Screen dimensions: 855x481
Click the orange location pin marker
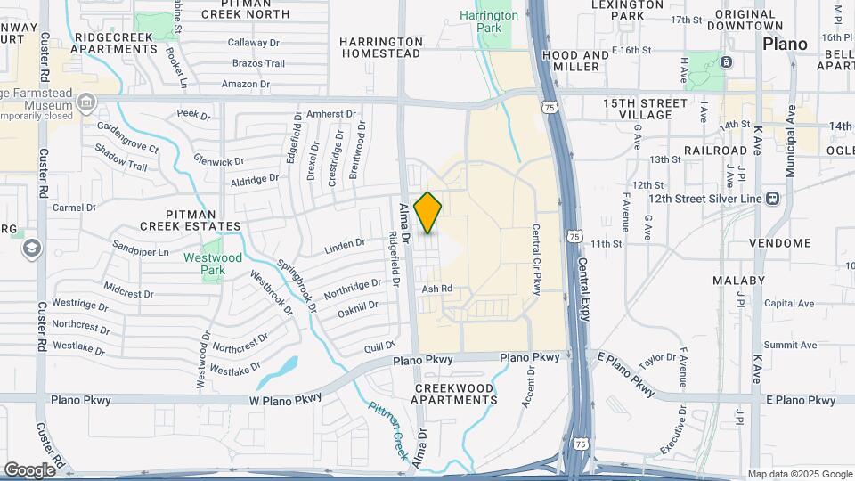[427, 213]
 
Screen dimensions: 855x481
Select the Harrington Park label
[489, 21]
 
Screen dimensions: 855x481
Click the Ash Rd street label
[437, 289]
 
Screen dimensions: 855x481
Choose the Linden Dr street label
[345, 243]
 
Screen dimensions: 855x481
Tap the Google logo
[29, 469]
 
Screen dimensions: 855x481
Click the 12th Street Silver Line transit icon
[772, 198]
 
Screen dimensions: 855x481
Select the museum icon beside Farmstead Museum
[86, 102]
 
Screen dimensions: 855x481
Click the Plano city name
[785, 44]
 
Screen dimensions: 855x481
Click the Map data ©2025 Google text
[800, 474]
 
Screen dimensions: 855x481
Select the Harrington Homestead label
[380, 47]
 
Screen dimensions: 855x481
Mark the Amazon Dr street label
[245, 85]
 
